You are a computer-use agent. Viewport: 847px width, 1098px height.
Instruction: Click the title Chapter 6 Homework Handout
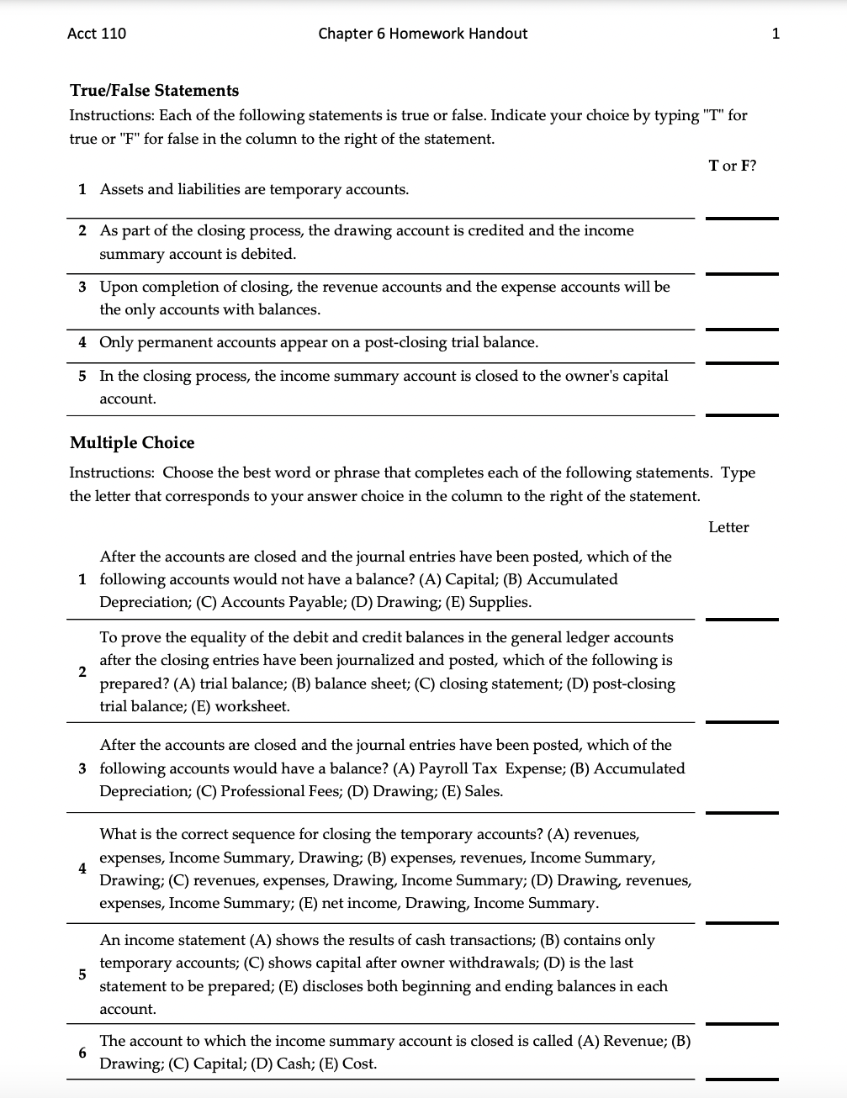click(422, 34)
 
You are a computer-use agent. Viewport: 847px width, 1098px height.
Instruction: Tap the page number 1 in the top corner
click(775, 34)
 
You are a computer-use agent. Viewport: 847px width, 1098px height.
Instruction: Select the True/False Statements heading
click(154, 91)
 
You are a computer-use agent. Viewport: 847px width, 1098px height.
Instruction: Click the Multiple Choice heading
click(132, 443)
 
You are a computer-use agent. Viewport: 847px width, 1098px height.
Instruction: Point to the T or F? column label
click(732, 166)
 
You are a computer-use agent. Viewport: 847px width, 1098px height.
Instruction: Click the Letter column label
click(728, 527)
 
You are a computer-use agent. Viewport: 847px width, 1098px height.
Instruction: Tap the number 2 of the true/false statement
click(82, 231)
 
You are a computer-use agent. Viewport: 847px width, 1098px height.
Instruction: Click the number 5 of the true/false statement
click(82, 376)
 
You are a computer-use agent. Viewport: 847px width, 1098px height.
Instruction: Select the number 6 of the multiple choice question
click(82, 1053)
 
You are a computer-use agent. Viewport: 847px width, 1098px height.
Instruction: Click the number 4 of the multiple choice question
click(82, 868)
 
